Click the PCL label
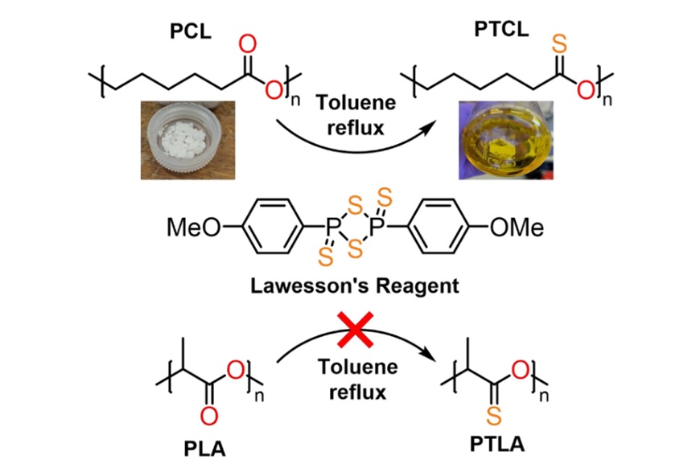pyautogui.click(x=191, y=31)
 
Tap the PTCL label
pyautogui.click(x=501, y=29)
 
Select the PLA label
pyautogui.click(x=204, y=449)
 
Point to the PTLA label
pyautogui.click(x=497, y=444)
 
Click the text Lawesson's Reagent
pyautogui.click(x=355, y=285)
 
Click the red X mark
pyautogui.click(x=355, y=330)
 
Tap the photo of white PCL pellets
pyautogui.click(x=187, y=140)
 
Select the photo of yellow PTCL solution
pyautogui.click(x=506, y=140)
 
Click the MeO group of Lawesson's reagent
pyautogui.click(x=194, y=228)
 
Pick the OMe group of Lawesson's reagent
pyautogui.click(x=517, y=228)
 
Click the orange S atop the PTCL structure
pyautogui.click(x=559, y=44)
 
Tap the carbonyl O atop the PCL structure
pyautogui.click(x=248, y=44)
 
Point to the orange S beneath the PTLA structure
pyautogui.click(x=493, y=416)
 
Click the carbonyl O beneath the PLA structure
pyautogui.click(x=208, y=416)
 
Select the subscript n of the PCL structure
pyautogui.click(x=295, y=101)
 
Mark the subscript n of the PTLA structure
pyautogui.click(x=544, y=395)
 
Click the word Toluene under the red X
pyautogui.click(x=358, y=367)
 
